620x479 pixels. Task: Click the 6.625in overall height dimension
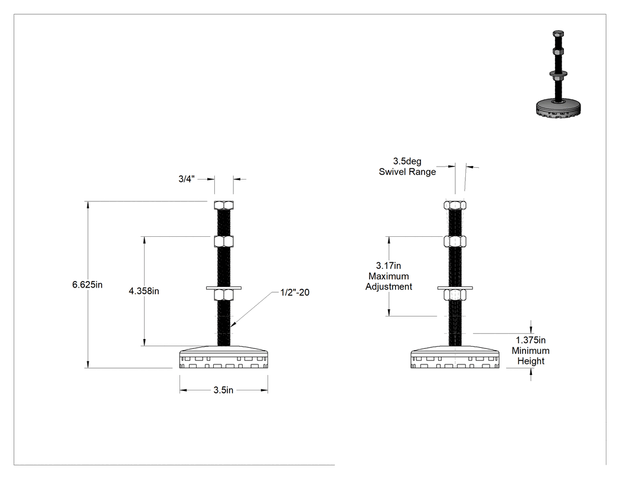[x=87, y=285]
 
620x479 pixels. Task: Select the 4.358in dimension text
[x=144, y=291]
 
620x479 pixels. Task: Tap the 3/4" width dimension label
[x=187, y=179]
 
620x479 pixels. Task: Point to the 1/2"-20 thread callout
[x=295, y=292]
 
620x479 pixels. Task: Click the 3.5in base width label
[x=223, y=390]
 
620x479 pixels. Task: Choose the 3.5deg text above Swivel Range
[x=407, y=161]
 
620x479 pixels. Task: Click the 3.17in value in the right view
[x=389, y=265]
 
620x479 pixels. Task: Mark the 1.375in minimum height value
[x=531, y=340]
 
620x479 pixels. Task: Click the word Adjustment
[x=389, y=286]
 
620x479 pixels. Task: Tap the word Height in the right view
[x=531, y=361]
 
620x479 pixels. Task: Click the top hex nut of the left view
[x=224, y=205]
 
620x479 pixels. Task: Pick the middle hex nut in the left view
[x=224, y=242]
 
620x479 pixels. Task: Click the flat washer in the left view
[x=224, y=288]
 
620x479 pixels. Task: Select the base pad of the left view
[x=224, y=357]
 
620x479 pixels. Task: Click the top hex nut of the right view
[x=455, y=205]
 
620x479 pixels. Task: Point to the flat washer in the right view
[x=455, y=288]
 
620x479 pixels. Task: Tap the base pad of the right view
[x=455, y=357]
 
